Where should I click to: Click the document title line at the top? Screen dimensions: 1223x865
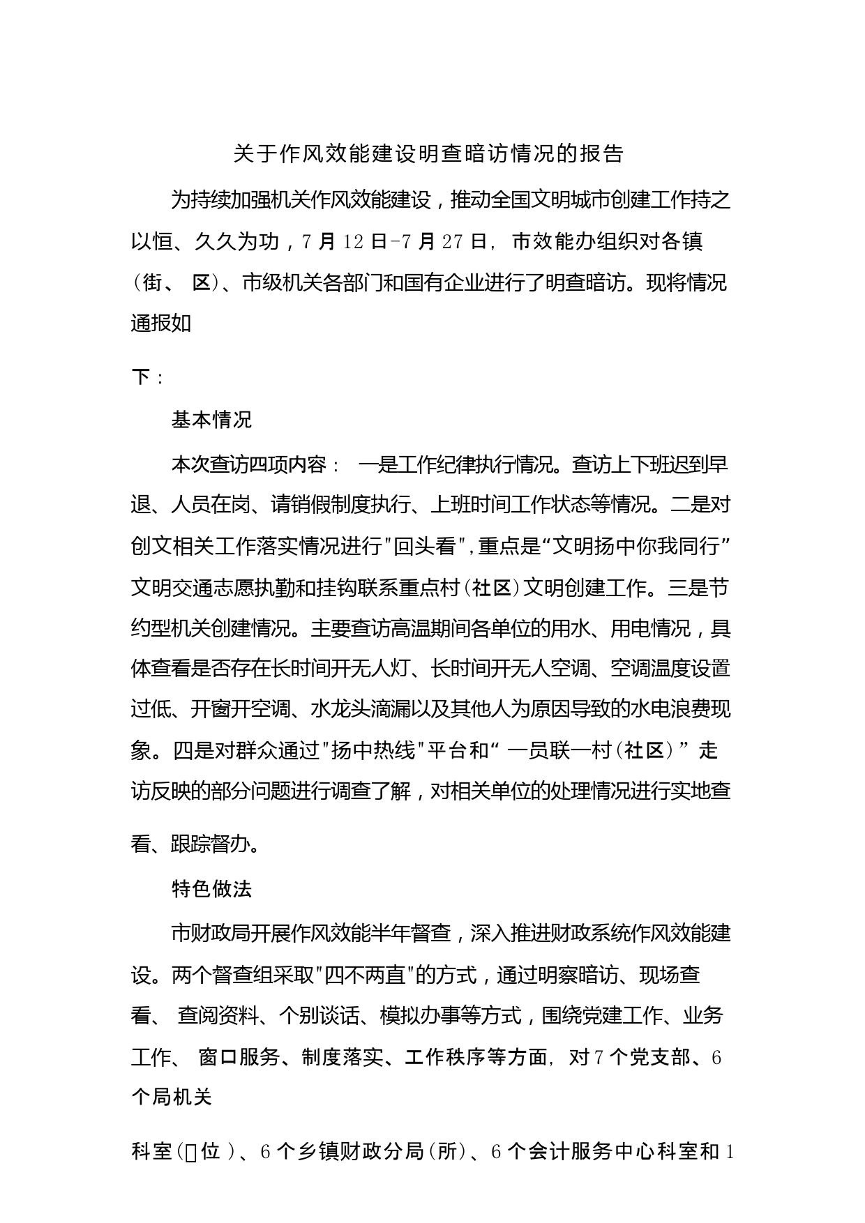click(x=428, y=154)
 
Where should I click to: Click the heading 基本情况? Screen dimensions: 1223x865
click(x=211, y=420)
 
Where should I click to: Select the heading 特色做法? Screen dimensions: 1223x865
click(x=211, y=888)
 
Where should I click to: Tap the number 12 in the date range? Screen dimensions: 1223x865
click(x=354, y=242)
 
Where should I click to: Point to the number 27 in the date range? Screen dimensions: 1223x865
click(x=453, y=242)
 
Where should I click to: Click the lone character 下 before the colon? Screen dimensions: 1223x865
click(x=141, y=377)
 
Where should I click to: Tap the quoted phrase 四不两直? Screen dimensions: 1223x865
click(x=366, y=975)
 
